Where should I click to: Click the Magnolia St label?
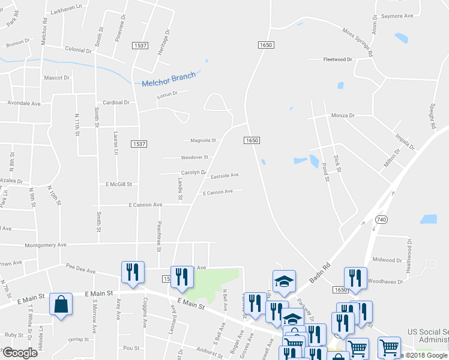click(203, 140)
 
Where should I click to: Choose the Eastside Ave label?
click(224, 175)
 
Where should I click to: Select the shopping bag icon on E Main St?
click(61, 305)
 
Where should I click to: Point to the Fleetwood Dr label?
click(337, 59)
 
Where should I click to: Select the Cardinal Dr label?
click(115, 103)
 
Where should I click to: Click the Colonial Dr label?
click(77, 50)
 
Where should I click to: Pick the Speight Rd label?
click(432, 115)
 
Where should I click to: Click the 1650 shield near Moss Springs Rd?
click(267, 45)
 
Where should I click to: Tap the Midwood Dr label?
click(386, 260)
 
